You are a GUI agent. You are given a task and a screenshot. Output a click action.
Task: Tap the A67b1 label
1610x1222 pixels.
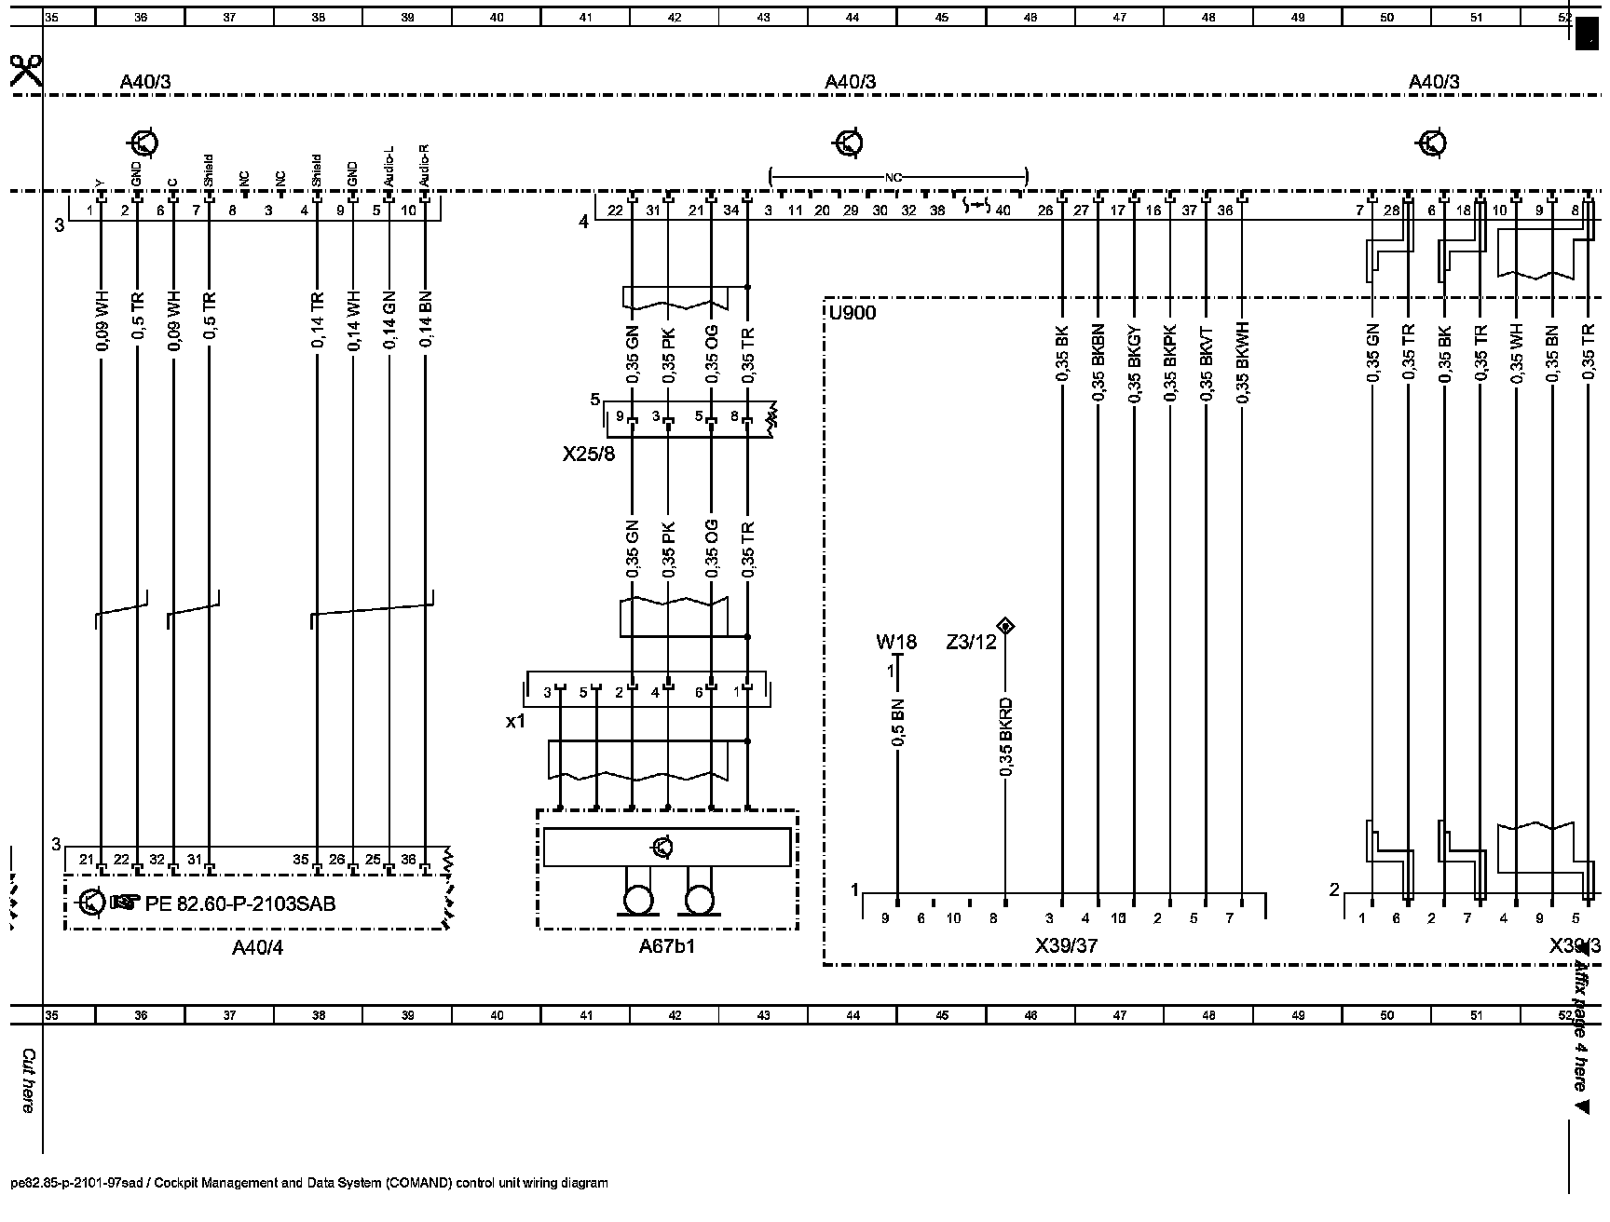[x=667, y=947]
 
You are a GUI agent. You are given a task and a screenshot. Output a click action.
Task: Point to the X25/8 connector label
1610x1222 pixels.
[x=588, y=455]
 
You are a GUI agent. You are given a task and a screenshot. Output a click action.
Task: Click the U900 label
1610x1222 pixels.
[x=853, y=313]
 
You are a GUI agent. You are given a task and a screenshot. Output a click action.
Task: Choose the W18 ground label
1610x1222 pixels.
[x=896, y=641]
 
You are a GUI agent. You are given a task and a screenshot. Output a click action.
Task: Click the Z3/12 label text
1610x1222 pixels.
[x=971, y=641]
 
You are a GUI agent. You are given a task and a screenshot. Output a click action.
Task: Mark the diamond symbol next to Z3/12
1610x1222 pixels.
[x=1004, y=625]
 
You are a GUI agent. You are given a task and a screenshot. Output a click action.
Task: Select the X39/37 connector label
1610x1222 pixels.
[x=1066, y=945]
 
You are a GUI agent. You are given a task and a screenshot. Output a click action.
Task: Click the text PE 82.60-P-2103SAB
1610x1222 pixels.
[x=240, y=903]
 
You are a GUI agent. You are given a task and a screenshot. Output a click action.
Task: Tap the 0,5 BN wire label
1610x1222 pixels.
[x=898, y=722]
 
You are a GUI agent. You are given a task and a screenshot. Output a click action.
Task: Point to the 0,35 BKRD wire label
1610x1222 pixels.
[x=1006, y=736]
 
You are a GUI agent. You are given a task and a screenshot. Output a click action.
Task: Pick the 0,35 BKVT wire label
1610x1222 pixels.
[x=1207, y=362]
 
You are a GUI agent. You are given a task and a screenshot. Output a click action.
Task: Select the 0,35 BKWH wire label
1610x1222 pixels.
[x=1242, y=362]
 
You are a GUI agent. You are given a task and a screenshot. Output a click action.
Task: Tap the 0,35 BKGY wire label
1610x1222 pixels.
[x=1134, y=362]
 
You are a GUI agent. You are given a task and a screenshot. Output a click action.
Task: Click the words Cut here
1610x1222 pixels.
[x=28, y=1080]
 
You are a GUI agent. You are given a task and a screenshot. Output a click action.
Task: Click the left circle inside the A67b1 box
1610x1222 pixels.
[x=638, y=901]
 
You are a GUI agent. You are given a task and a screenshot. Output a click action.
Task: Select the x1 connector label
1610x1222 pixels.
[x=515, y=720]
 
